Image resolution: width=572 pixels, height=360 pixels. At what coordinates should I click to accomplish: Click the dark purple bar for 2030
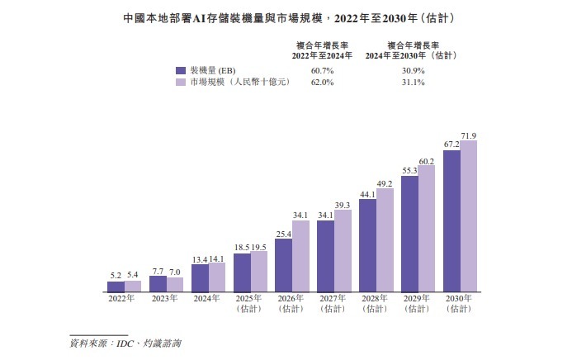pos(451,221)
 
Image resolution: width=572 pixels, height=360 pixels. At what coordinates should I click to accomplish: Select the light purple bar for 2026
pos(300,257)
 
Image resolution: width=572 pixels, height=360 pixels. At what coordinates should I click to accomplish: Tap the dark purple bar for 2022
pos(116,287)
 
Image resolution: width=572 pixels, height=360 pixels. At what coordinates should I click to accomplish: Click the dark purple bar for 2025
pos(242,272)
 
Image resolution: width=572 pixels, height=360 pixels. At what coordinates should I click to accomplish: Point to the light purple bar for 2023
pos(175,285)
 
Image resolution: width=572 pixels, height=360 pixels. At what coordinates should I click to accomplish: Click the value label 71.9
pos(469,135)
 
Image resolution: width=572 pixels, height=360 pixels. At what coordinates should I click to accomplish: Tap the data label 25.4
pos(283,235)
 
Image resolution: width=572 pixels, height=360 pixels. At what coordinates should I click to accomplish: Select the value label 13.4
pos(200,258)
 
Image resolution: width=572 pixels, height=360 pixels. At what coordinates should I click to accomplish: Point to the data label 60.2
pos(427,161)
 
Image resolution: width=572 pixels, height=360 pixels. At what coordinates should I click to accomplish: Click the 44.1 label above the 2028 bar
pos(367,195)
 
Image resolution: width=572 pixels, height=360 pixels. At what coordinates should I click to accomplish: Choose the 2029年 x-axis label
pos(418,299)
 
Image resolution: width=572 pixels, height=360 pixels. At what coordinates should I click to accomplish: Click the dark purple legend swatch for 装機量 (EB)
pos(180,71)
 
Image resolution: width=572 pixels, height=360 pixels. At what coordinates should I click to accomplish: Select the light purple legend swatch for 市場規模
pos(180,83)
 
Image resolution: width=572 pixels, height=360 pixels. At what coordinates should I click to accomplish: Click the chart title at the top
pos(286,17)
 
